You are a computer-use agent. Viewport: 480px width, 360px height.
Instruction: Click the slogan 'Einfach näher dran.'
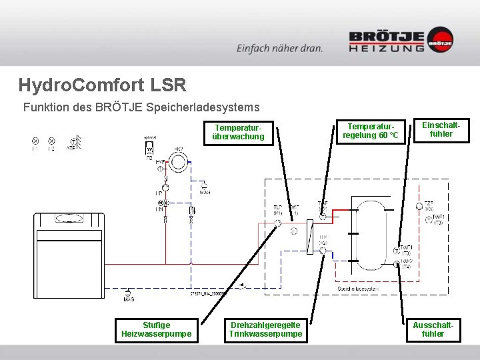coord(279,48)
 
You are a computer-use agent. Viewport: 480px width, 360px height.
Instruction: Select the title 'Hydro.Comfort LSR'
coord(102,85)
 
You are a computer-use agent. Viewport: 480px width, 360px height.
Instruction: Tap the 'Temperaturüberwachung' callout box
coord(238,132)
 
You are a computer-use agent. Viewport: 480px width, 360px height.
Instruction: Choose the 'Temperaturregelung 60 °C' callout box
coord(371,131)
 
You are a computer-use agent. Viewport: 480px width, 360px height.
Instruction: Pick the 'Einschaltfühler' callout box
coord(441,129)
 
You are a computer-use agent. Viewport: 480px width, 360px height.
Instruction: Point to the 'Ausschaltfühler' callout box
coord(433,329)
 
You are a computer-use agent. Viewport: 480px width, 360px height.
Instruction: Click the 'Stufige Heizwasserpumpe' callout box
coord(157,329)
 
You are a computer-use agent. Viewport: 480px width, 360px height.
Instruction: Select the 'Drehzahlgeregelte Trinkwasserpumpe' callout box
coord(265,329)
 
